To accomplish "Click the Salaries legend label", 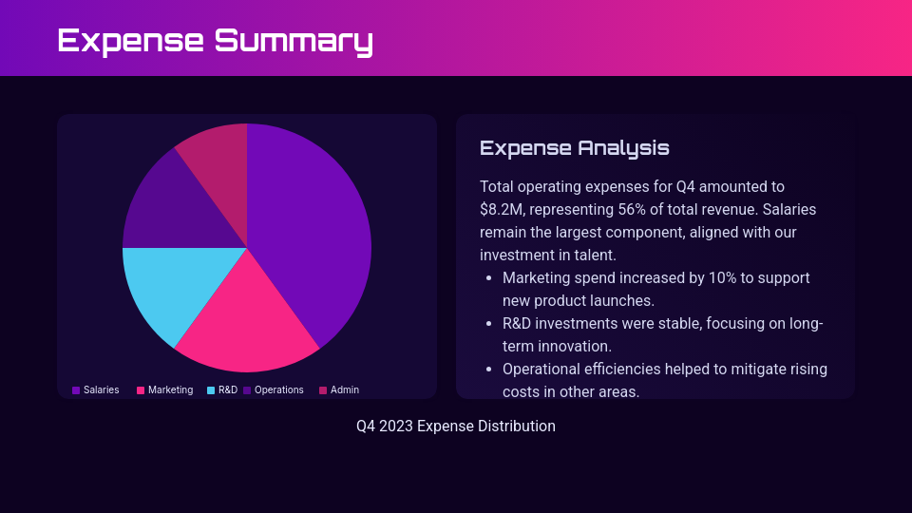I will (x=101, y=390).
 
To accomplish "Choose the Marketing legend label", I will (x=170, y=390).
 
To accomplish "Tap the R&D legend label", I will (x=228, y=390).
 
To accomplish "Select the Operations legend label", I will (x=278, y=390).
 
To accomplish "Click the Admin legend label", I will (x=344, y=390).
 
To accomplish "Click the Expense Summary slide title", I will (x=215, y=40).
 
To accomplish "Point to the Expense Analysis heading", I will (x=574, y=148).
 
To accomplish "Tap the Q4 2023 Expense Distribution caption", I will (x=456, y=427).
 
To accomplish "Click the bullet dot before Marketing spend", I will (x=488, y=278).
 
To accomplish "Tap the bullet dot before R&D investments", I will (x=488, y=324).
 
